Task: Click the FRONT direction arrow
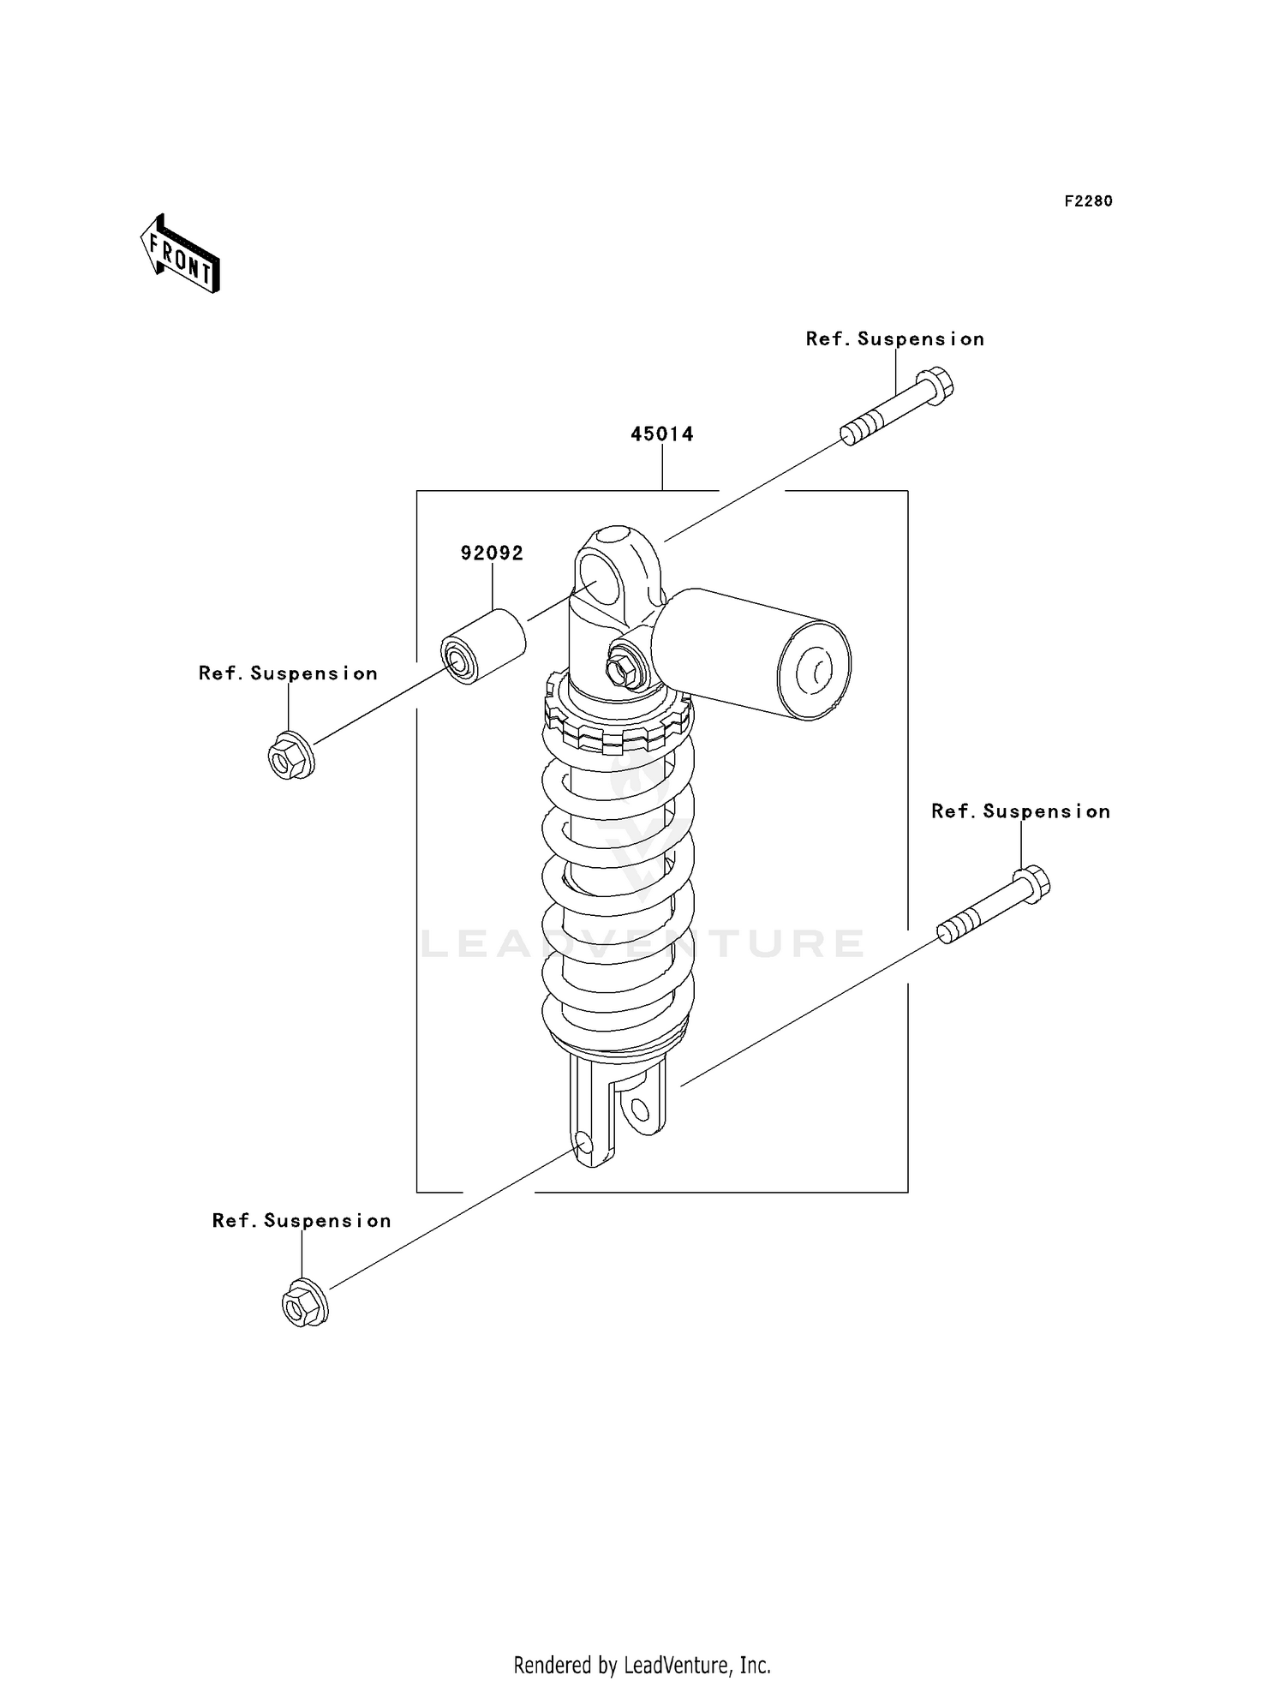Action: point(181,254)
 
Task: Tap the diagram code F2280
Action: point(1088,201)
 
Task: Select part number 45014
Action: point(661,434)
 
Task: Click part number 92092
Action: point(492,553)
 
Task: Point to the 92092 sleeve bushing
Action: point(482,647)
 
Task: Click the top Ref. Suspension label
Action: point(894,339)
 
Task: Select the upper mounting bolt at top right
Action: point(898,406)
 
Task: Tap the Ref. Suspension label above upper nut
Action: point(288,673)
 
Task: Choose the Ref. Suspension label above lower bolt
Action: point(1020,811)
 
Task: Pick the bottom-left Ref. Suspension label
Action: point(302,1221)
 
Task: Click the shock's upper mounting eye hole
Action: point(596,579)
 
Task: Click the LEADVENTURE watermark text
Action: point(642,943)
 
